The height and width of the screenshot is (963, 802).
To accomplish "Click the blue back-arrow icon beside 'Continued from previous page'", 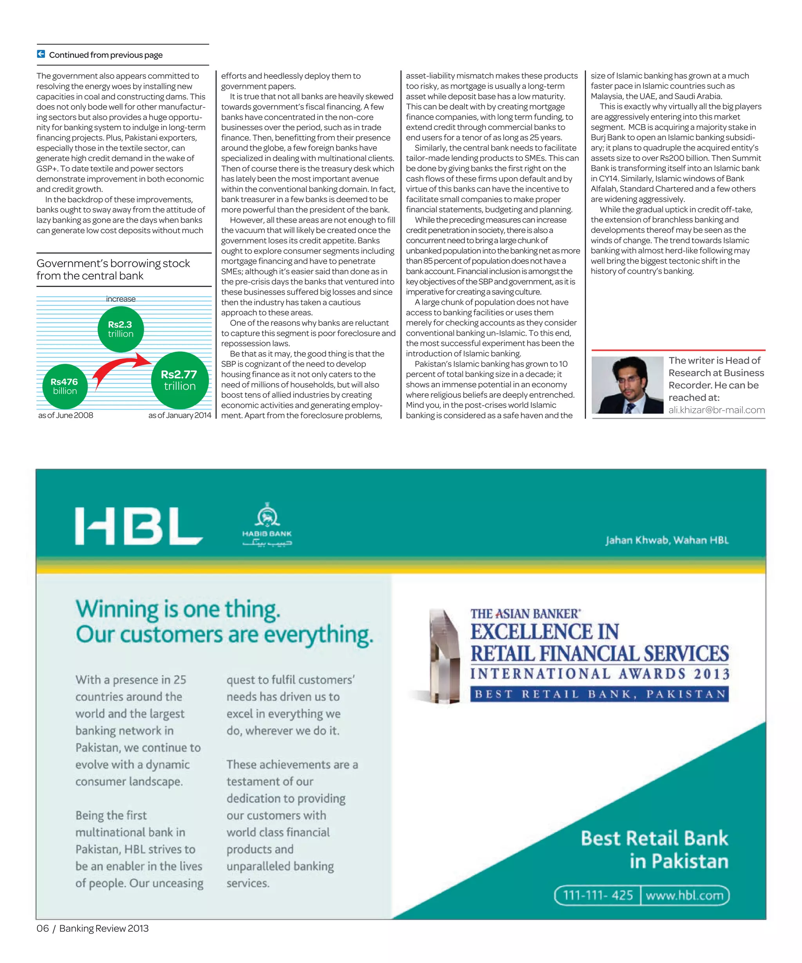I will point(41,54).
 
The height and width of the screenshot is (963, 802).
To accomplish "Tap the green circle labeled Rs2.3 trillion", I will point(121,329).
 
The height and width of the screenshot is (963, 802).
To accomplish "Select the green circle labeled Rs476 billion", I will point(65,386).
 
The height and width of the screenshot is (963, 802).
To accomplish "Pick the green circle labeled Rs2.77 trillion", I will point(180,380).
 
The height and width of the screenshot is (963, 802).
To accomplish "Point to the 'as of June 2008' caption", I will point(65,415).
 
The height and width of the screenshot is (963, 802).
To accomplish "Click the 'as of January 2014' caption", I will point(180,415).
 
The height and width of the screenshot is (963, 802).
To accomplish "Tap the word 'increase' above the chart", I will point(121,299).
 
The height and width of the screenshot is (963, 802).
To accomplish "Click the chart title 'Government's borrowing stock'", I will point(113,263).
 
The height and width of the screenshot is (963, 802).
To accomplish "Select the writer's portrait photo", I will point(627,385).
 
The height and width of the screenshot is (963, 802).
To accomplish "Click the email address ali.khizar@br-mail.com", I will point(716,410).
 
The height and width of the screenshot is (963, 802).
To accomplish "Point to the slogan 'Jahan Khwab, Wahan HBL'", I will point(667,540).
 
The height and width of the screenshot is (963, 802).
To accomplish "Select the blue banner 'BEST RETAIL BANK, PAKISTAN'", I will point(600,694).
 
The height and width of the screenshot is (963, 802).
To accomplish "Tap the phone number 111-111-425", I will point(598,895).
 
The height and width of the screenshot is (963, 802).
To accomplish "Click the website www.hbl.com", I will point(684,895).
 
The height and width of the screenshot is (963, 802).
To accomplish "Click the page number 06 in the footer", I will point(43,928).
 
